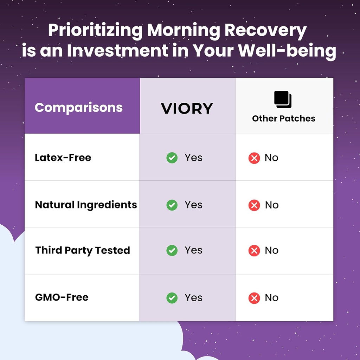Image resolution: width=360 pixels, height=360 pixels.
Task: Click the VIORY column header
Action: point(187,108)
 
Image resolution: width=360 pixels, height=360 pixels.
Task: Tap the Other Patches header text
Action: point(284,118)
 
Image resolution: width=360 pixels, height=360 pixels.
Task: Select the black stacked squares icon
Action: point(283,99)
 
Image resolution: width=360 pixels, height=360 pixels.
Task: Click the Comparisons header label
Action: point(79,108)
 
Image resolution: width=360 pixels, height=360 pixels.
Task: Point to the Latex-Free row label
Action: point(63,157)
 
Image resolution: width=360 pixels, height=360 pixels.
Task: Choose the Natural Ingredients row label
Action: point(86,205)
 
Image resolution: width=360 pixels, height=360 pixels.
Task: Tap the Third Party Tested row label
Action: point(83,250)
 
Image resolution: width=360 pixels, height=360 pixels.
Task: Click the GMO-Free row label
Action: point(62,297)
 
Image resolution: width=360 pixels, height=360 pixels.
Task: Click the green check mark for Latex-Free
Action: point(172,158)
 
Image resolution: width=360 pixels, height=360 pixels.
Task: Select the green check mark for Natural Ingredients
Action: point(172,205)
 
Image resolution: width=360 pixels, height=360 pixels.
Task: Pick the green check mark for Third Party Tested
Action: point(172,250)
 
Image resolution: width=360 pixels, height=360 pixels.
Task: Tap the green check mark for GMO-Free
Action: point(172,298)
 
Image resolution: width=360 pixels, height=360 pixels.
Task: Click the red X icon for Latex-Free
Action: point(254,158)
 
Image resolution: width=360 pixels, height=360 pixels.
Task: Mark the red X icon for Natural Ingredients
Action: point(254,205)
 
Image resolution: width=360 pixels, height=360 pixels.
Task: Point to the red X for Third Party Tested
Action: point(254,250)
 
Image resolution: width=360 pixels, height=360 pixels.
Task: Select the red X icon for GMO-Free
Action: point(254,298)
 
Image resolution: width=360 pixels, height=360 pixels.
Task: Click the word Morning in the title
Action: point(184,31)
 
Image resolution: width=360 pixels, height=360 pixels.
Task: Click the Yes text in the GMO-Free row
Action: point(194,298)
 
